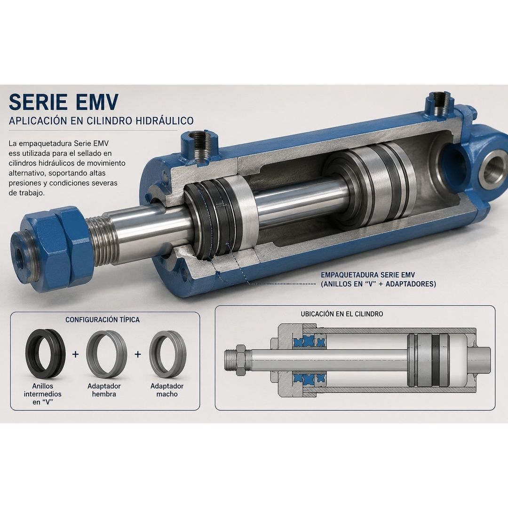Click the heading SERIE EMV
tap(63, 102)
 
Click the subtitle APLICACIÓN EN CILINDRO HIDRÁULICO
tap(101, 121)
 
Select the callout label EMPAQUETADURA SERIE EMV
tap(368, 275)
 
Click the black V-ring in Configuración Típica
tap(45, 354)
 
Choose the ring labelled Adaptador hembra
tap(106, 354)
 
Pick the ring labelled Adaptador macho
tap(167, 354)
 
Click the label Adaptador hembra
tap(104, 390)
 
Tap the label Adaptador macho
tap(167, 390)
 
